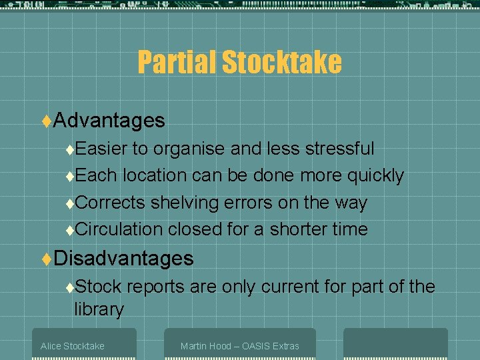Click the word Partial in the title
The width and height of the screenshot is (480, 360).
pyautogui.click(x=177, y=63)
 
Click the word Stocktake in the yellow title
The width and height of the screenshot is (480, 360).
pyautogui.click(x=281, y=63)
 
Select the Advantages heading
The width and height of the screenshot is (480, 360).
pyautogui.click(x=109, y=120)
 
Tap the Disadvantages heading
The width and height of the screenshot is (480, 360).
pyautogui.click(x=123, y=258)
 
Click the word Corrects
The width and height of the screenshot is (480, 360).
pyautogui.click(x=111, y=202)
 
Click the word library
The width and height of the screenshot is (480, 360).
pyautogui.click(x=99, y=309)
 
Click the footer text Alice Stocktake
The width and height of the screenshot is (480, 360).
pyautogui.click(x=72, y=346)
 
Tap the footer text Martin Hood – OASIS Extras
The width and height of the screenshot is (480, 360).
pyautogui.click(x=239, y=346)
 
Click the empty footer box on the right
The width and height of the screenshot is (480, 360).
pyautogui.click(x=395, y=343)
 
